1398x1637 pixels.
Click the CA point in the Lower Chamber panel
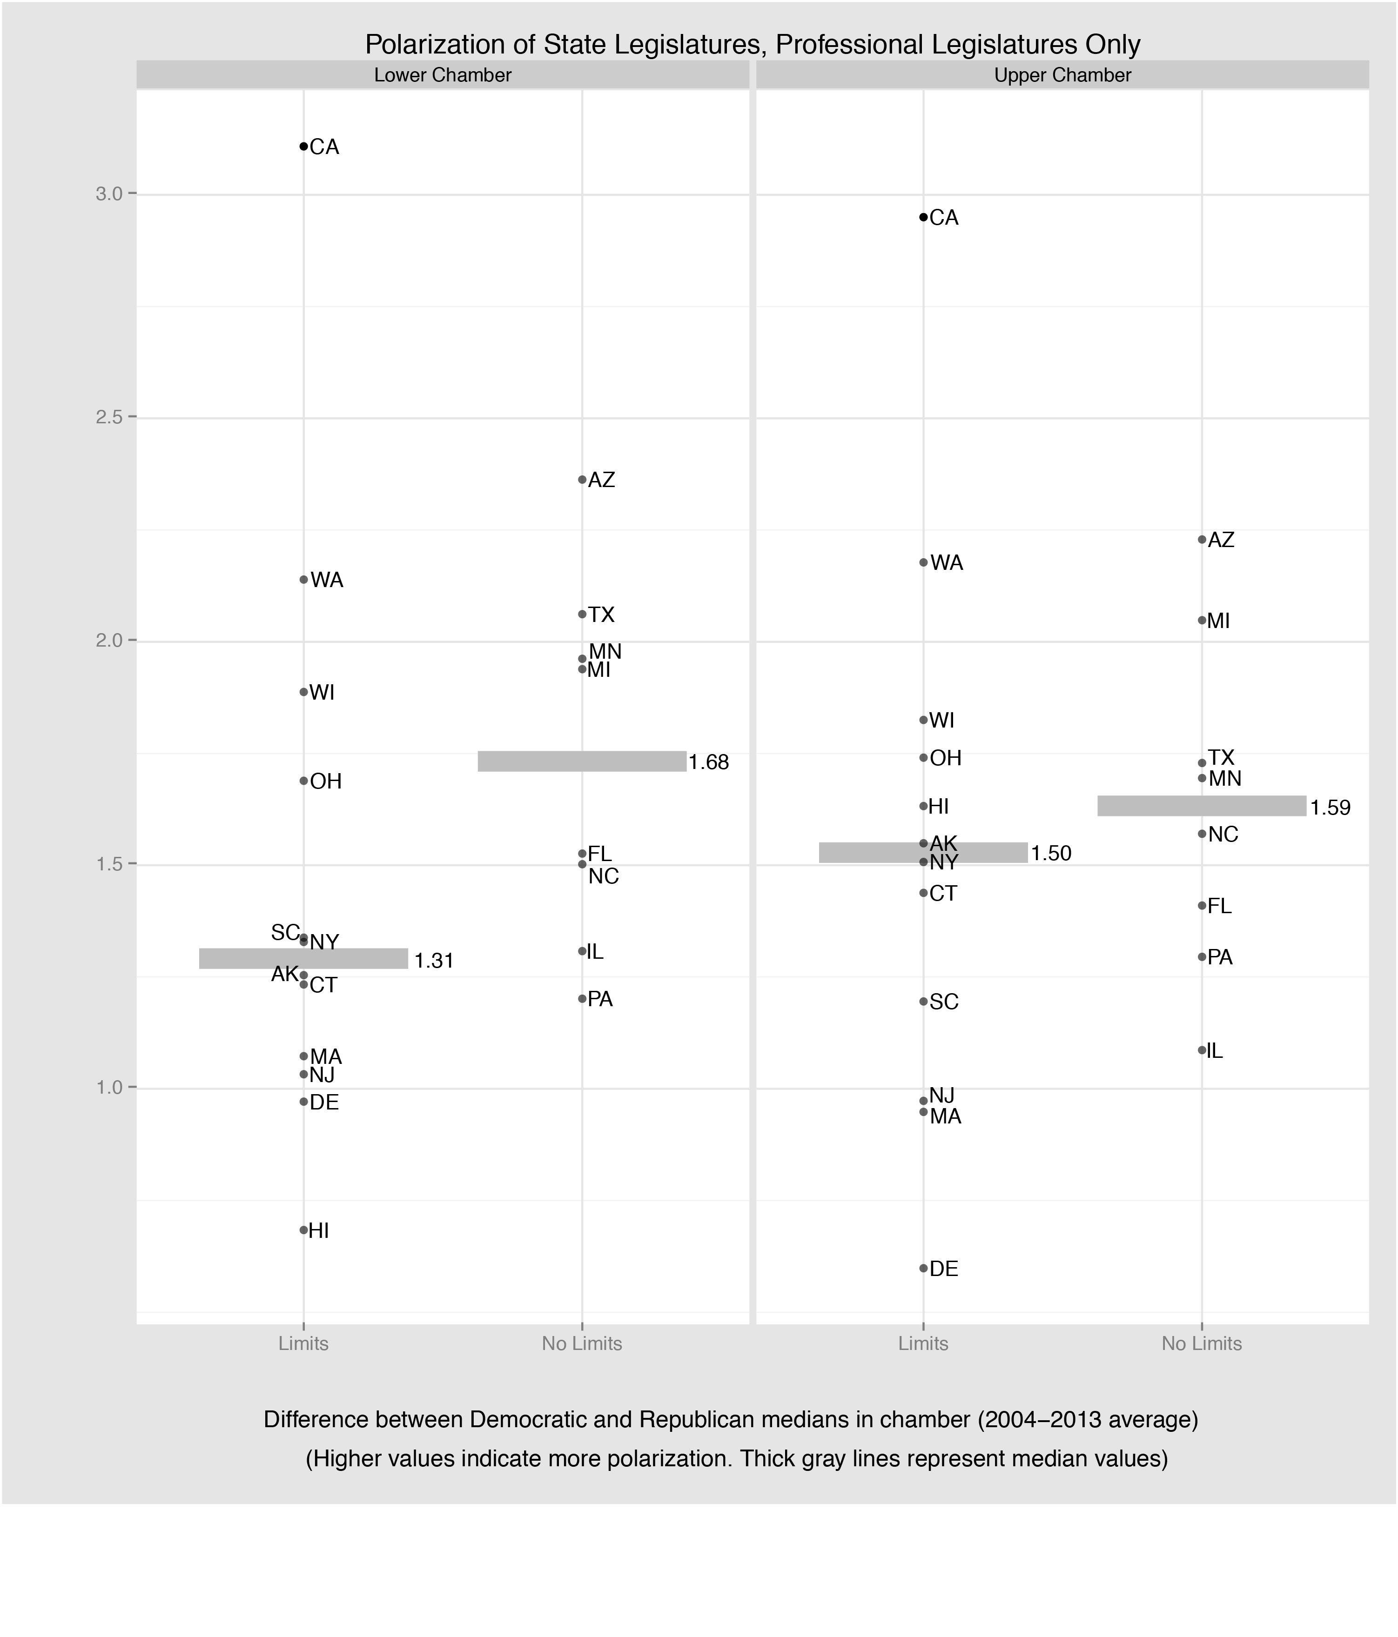[303, 146]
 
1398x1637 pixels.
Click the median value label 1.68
[708, 762]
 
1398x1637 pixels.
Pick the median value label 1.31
[434, 961]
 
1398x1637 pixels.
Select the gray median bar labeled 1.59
[1201, 806]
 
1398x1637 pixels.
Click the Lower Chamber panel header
[443, 75]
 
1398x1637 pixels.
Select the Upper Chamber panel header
[1062, 75]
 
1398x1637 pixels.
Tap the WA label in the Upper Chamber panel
[947, 563]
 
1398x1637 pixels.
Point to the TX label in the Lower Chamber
[601, 615]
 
